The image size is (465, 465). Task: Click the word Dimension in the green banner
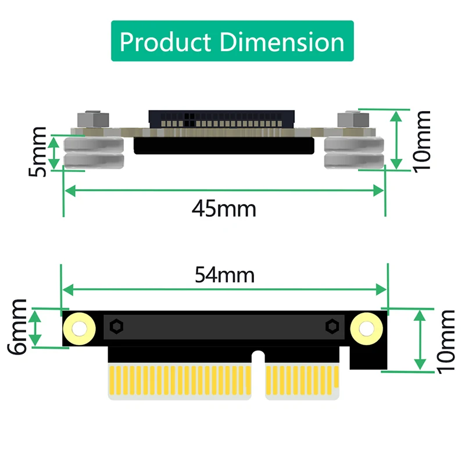tap(278, 42)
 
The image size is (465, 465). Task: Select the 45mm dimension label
tap(224, 208)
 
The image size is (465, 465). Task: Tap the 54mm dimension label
tap(224, 275)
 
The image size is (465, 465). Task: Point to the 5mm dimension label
tap(38, 152)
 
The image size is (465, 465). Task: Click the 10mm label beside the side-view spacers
tap(421, 140)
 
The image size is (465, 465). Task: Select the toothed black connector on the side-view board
tap(224, 120)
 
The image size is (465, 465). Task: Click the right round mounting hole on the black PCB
tap(367, 329)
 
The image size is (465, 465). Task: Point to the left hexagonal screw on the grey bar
tap(116, 327)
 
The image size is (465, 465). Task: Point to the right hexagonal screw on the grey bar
tap(332, 327)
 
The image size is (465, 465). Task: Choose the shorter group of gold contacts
tap(302, 382)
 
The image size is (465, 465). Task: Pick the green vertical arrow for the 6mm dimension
tap(36, 328)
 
